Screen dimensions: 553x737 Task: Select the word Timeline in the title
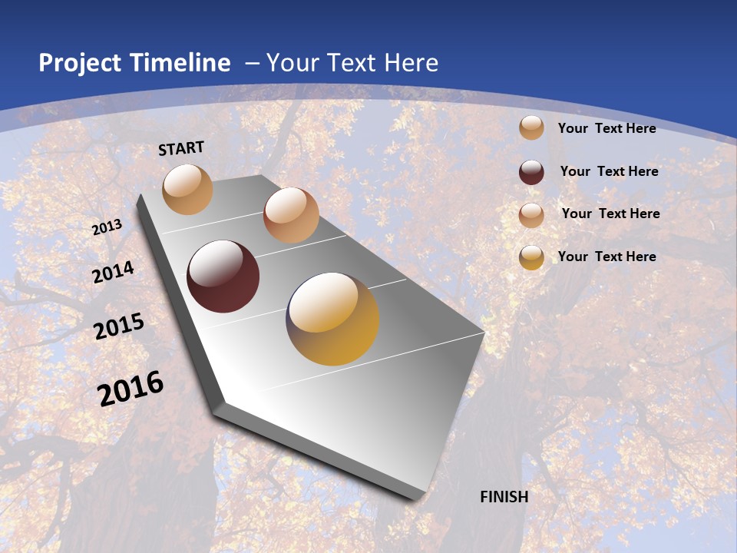click(180, 63)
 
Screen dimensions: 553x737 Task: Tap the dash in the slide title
click(252, 63)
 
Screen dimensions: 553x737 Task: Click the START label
click(181, 148)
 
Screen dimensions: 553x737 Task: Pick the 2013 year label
click(107, 227)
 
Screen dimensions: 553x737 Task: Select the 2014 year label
click(113, 272)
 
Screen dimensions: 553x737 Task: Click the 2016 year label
click(131, 389)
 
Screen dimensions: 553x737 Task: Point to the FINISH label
click(504, 497)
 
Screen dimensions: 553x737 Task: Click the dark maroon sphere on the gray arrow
click(223, 276)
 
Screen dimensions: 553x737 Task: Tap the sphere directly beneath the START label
click(187, 189)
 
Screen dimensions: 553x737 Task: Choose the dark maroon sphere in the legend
click(531, 172)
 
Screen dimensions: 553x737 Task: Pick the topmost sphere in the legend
click(531, 128)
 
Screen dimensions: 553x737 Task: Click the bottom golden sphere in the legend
click(531, 257)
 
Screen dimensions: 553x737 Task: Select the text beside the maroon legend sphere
click(609, 171)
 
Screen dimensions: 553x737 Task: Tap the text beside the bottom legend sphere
click(606, 257)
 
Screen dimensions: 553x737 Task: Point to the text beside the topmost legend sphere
click(606, 128)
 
